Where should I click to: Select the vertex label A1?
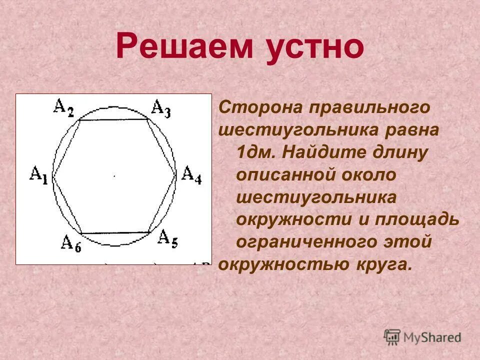39,175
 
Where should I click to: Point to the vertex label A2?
63,107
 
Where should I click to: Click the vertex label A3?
160,108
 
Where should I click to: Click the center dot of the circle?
114,176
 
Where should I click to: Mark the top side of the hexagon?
114,119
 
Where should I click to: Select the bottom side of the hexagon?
115,233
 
